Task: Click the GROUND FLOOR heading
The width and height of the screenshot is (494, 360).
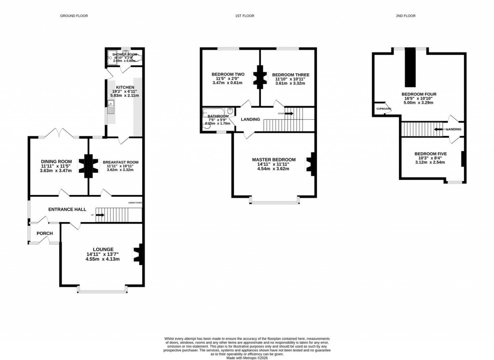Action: (74, 16)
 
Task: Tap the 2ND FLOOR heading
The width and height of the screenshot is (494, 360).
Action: (405, 16)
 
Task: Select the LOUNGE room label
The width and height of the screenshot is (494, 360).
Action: (102, 249)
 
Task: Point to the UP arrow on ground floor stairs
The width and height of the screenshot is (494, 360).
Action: (100, 215)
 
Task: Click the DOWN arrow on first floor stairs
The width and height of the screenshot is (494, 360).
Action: (288, 113)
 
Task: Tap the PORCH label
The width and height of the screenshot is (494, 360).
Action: (44, 234)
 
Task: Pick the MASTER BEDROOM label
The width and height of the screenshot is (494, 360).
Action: (274, 159)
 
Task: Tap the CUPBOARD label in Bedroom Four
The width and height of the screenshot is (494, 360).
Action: (384, 109)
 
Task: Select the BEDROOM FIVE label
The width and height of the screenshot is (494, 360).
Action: (430, 154)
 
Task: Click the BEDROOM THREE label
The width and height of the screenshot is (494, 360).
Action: (290, 75)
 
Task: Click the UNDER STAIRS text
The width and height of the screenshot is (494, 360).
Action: (135, 202)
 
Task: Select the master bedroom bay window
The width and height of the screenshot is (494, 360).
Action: (274, 201)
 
